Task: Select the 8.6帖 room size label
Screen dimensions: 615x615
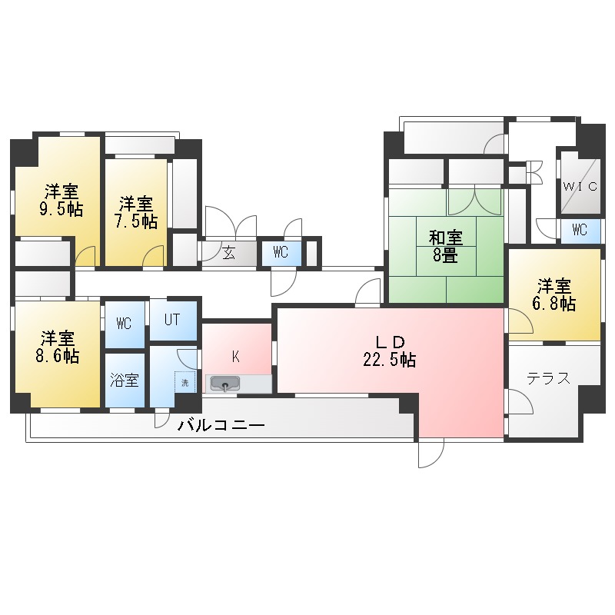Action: pyautogui.click(x=60, y=356)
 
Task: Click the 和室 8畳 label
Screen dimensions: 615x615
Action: pyautogui.click(x=445, y=254)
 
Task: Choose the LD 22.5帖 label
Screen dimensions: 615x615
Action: pyautogui.click(x=389, y=359)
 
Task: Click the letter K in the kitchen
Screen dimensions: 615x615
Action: pyautogui.click(x=236, y=356)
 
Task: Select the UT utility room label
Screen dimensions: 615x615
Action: pyautogui.click(x=171, y=318)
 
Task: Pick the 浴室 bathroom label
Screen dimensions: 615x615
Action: pyautogui.click(x=125, y=380)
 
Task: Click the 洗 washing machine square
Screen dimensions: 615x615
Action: pyautogui.click(x=184, y=382)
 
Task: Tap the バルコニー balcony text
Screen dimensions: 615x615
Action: pyautogui.click(x=221, y=425)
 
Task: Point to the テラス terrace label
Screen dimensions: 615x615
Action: pyautogui.click(x=548, y=378)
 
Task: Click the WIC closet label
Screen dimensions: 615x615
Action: pyautogui.click(x=579, y=185)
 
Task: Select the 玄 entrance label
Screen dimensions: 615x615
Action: pyautogui.click(x=229, y=252)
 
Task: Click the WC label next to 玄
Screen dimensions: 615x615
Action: pyautogui.click(x=281, y=252)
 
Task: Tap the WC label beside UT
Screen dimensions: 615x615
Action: pyautogui.click(x=124, y=324)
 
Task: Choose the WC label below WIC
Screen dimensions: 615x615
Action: pyautogui.click(x=580, y=229)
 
